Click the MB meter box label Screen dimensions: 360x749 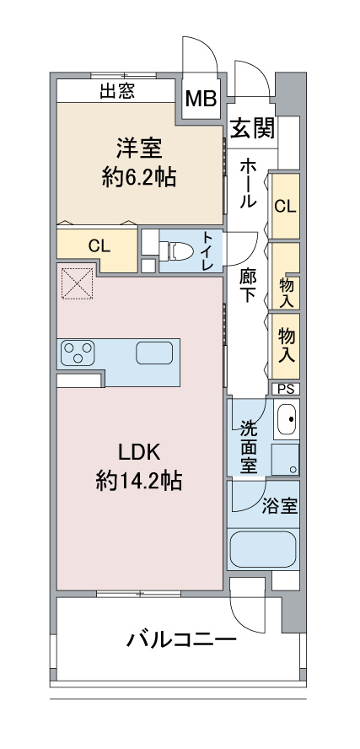coord(201,100)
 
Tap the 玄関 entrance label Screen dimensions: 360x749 coord(253,128)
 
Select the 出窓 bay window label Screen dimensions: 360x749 coord(117,91)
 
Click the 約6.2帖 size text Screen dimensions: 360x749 coord(139,178)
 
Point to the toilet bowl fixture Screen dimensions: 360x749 coord(176,251)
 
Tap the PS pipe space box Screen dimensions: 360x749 coord(286,389)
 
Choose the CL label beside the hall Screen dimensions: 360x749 coord(285,206)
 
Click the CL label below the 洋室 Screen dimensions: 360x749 coord(99,246)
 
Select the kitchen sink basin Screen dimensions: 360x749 coord(154,353)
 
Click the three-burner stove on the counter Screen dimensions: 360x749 coord(78,353)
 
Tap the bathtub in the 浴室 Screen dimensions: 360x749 coord(262,549)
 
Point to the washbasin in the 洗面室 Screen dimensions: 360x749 coord(287,419)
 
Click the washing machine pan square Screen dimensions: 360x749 coord(285,460)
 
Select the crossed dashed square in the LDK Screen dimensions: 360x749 coord(77,283)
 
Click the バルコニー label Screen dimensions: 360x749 coord(181,639)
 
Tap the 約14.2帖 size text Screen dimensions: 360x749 coord(138,480)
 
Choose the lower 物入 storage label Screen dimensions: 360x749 coord(287,345)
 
